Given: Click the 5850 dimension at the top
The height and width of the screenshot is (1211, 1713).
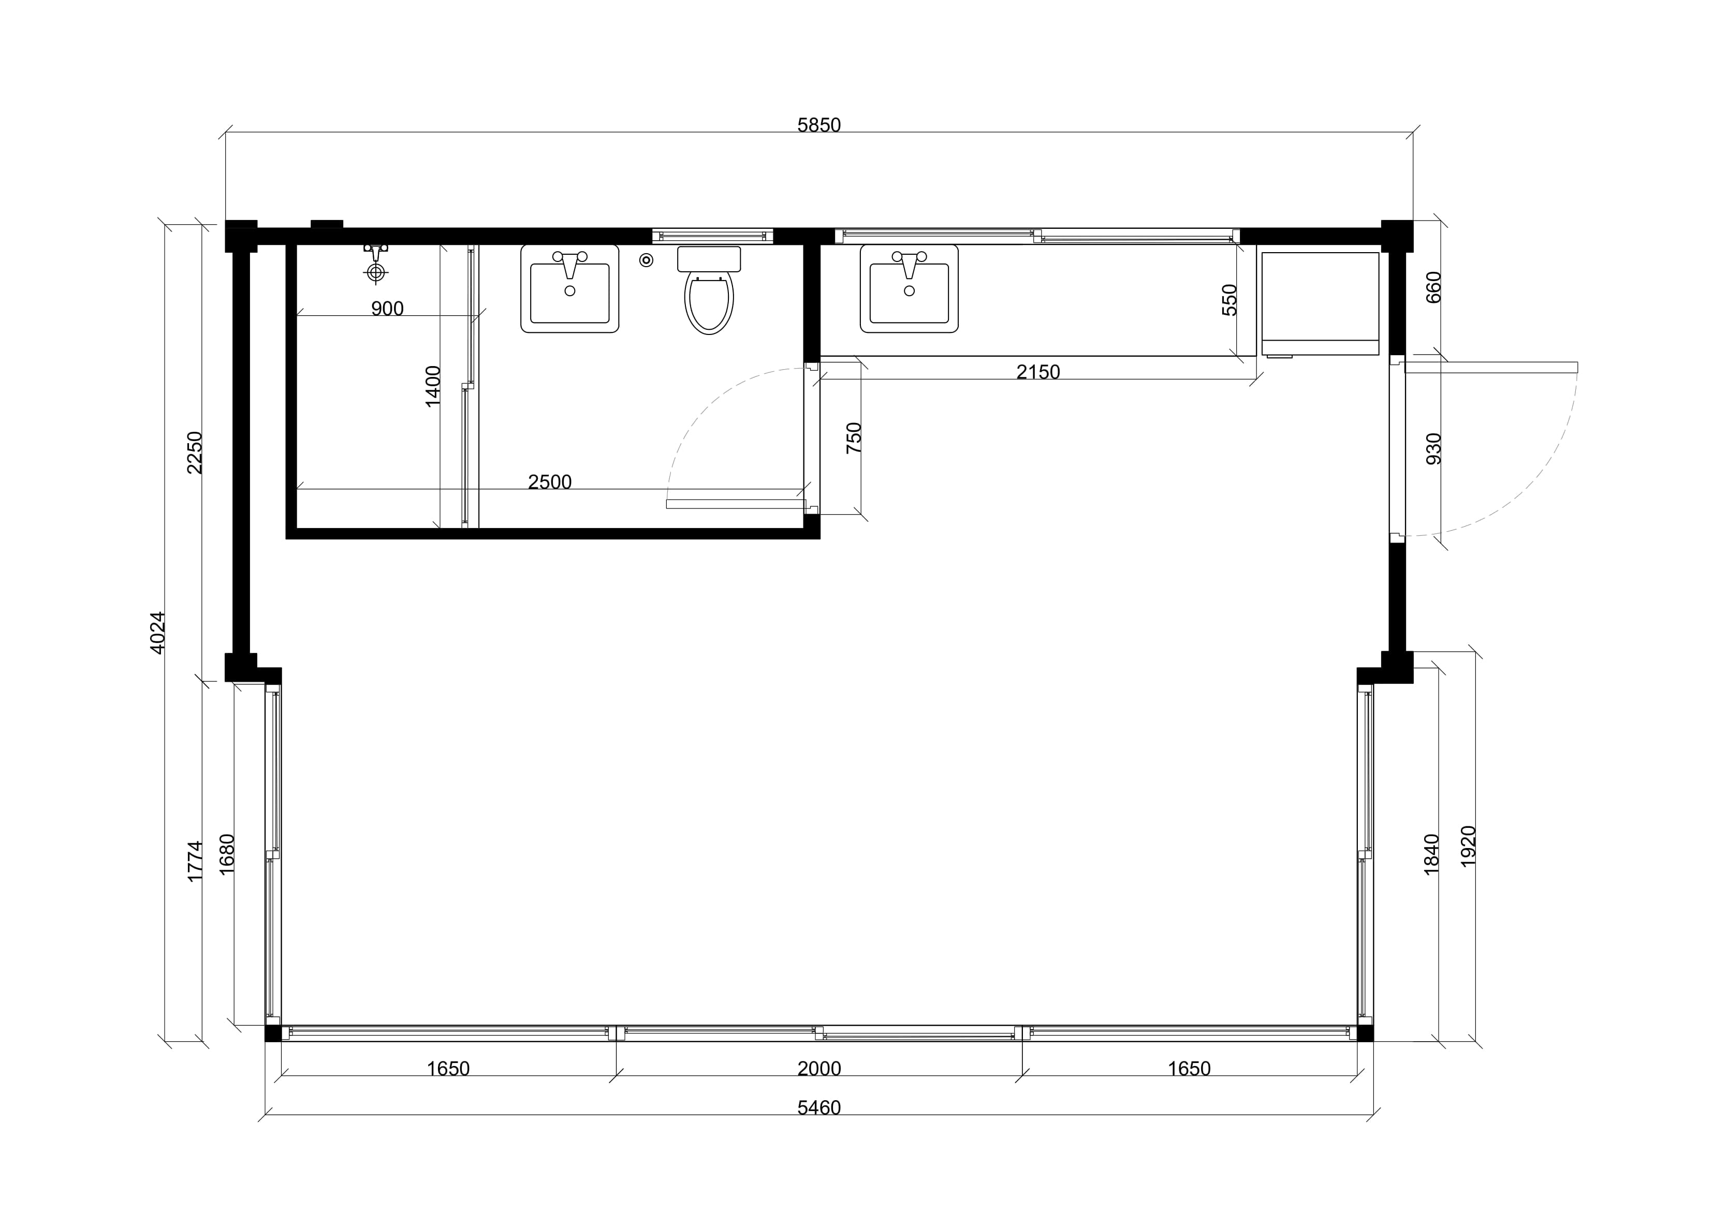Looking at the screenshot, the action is click(818, 125).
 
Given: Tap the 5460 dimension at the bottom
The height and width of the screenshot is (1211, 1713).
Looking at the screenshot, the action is click(818, 1108).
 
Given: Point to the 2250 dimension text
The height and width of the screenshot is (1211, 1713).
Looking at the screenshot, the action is click(195, 452).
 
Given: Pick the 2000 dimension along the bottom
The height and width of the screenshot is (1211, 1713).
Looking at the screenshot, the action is click(818, 1069).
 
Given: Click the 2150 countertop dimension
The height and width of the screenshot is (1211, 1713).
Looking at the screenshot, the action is click(1038, 372).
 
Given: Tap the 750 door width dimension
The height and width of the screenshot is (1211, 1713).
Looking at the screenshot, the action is click(854, 438).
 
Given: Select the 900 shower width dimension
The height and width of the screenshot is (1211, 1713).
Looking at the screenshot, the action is click(387, 308).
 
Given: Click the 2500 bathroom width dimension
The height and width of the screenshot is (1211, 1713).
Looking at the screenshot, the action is click(550, 482).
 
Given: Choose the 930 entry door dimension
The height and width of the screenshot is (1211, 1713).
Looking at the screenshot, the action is click(1433, 448).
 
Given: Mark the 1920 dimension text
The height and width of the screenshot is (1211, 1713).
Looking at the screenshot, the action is click(1468, 846).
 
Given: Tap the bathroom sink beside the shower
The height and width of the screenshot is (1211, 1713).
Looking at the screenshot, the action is click(569, 288).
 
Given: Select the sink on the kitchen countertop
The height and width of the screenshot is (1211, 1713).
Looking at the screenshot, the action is click(909, 288).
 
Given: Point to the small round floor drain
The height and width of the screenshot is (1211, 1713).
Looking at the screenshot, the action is click(646, 260).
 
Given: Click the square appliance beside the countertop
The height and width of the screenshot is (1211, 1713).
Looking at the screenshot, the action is click(1319, 304).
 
